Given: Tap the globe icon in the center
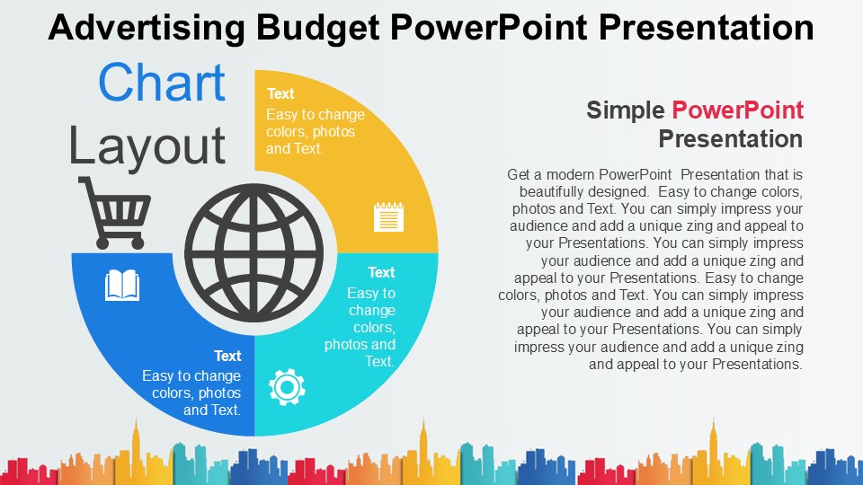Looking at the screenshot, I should tap(254, 252).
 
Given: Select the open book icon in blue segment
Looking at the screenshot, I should tap(122, 286).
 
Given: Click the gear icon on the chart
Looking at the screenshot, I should tap(287, 386).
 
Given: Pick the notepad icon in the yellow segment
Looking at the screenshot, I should tap(388, 217).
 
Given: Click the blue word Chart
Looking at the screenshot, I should tap(162, 84).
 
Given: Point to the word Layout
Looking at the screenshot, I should tap(147, 145).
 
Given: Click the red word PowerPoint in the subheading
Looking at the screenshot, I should tap(737, 110).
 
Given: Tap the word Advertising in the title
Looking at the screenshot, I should tap(146, 28).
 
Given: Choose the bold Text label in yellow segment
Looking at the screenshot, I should tap(280, 93).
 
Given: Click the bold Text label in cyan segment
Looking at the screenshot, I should tap(381, 272).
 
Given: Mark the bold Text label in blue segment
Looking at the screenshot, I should tap(227, 356).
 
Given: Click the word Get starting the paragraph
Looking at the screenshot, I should tap(519, 174).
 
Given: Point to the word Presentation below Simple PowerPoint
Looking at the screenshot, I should tap(730, 139).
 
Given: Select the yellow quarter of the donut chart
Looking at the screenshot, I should tap(396, 162).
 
